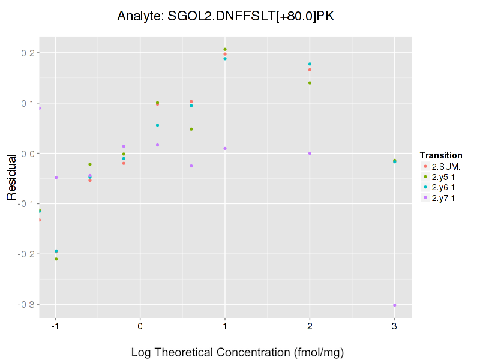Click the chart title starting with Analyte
point(226,16)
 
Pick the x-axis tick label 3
point(394,326)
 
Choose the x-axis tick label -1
point(55,326)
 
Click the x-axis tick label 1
point(225,326)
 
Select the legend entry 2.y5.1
point(443,177)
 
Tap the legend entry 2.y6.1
point(443,187)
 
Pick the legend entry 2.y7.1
point(443,198)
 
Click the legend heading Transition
point(441,155)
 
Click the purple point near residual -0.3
point(394,305)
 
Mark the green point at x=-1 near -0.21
point(56,259)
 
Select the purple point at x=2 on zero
point(310,154)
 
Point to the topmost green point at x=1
point(225,49)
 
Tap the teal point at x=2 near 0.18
point(310,64)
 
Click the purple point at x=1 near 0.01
point(225,149)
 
